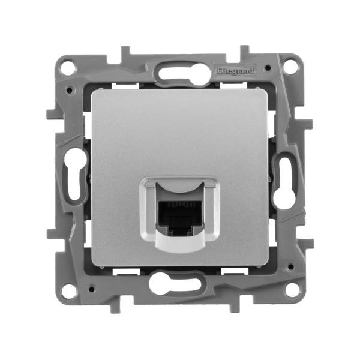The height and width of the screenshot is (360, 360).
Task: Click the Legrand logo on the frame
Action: point(235,71)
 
